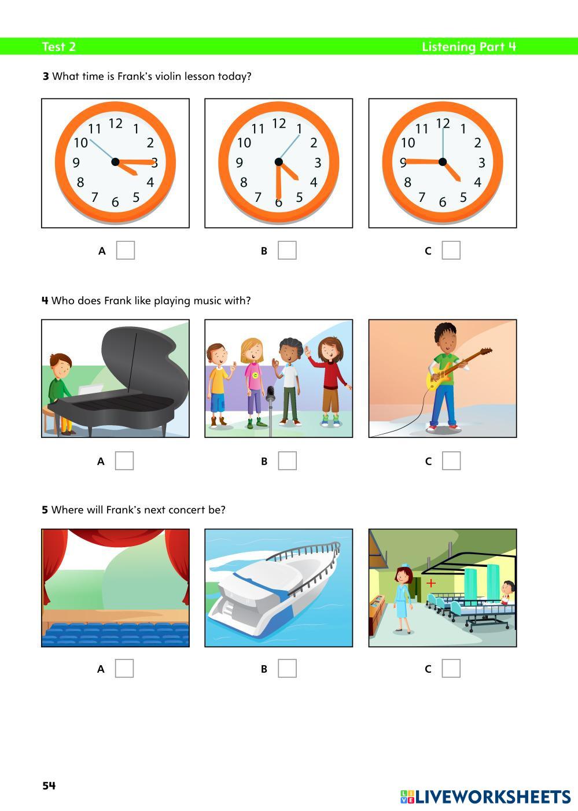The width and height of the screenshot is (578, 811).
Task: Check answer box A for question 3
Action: pos(126,250)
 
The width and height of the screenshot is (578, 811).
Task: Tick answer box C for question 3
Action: pos(451,250)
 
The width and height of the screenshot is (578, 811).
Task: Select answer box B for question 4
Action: pos(287,460)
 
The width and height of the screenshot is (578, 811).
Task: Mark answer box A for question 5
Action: pos(124,668)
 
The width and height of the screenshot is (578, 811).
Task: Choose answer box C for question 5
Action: pos(451,668)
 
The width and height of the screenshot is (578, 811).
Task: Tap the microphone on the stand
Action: pos(270,395)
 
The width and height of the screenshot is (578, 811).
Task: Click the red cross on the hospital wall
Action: pos(430,583)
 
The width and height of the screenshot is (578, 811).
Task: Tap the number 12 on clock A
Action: pos(116,123)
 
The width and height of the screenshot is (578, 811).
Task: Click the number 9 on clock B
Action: pos(240,163)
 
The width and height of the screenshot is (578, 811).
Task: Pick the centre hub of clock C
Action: pos(443,162)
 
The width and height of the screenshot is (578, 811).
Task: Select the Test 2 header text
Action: pos(58,47)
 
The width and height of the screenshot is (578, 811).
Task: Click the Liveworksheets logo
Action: pos(485,797)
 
